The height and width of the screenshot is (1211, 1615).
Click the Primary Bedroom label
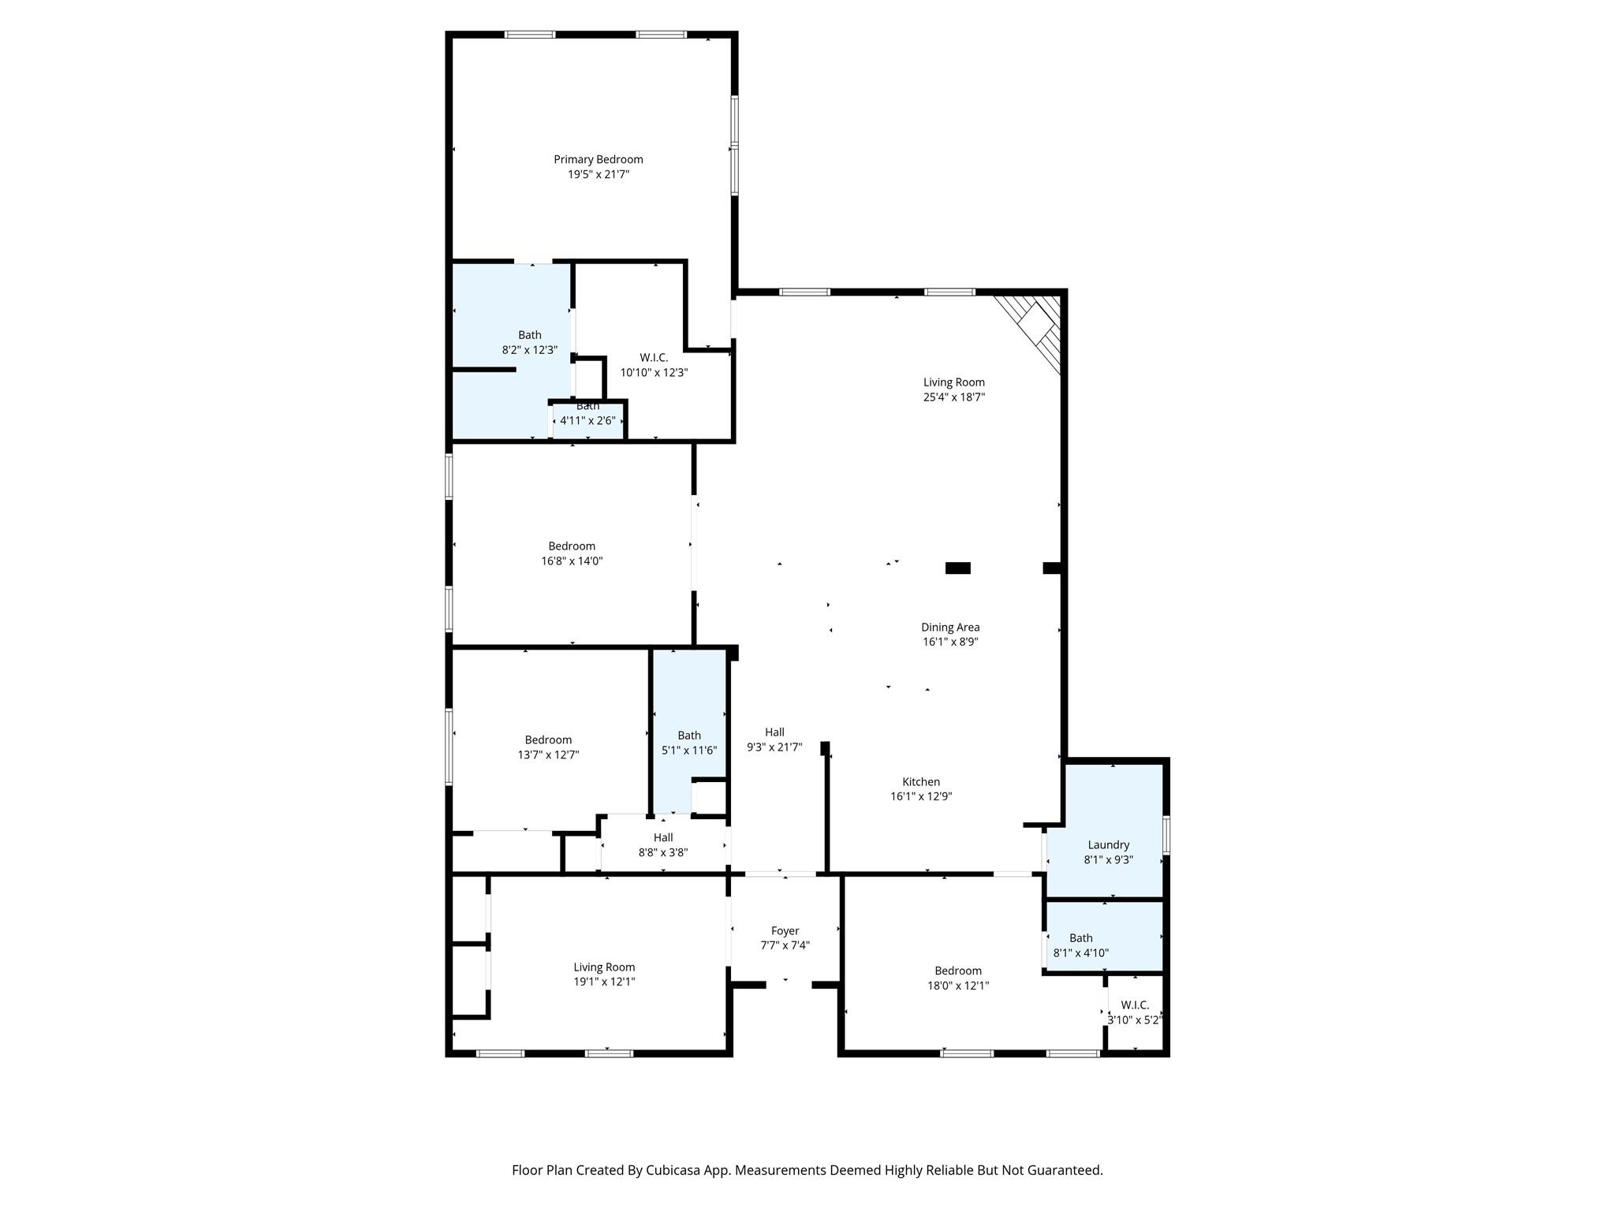point(598,159)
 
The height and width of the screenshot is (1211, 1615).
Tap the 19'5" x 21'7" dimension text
point(599,174)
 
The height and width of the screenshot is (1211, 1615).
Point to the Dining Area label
point(950,628)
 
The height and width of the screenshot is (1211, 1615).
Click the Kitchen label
point(921,782)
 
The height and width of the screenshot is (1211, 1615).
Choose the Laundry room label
point(1109,845)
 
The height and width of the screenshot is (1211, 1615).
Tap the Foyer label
point(785,931)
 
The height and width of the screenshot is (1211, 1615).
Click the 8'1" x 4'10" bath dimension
point(1081,952)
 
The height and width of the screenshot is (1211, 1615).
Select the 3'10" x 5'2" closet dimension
point(1135,1019)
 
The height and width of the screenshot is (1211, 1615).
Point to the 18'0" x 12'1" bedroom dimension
point(958,986)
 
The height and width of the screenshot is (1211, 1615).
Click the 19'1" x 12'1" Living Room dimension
point(605,982)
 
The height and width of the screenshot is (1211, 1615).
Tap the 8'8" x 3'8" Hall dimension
point(663,852)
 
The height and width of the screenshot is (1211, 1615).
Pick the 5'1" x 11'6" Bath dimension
point(689,750)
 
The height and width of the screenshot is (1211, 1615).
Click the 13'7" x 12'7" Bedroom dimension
point(548,755)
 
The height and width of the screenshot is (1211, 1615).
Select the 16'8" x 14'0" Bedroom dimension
point(572,561)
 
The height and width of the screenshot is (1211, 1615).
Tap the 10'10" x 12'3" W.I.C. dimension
point(655,373)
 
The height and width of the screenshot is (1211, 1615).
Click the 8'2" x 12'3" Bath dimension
point(530,350)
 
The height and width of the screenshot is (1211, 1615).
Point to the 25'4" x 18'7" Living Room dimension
point(954,397)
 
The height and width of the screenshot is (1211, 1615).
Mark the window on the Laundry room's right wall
point(1166,835)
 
